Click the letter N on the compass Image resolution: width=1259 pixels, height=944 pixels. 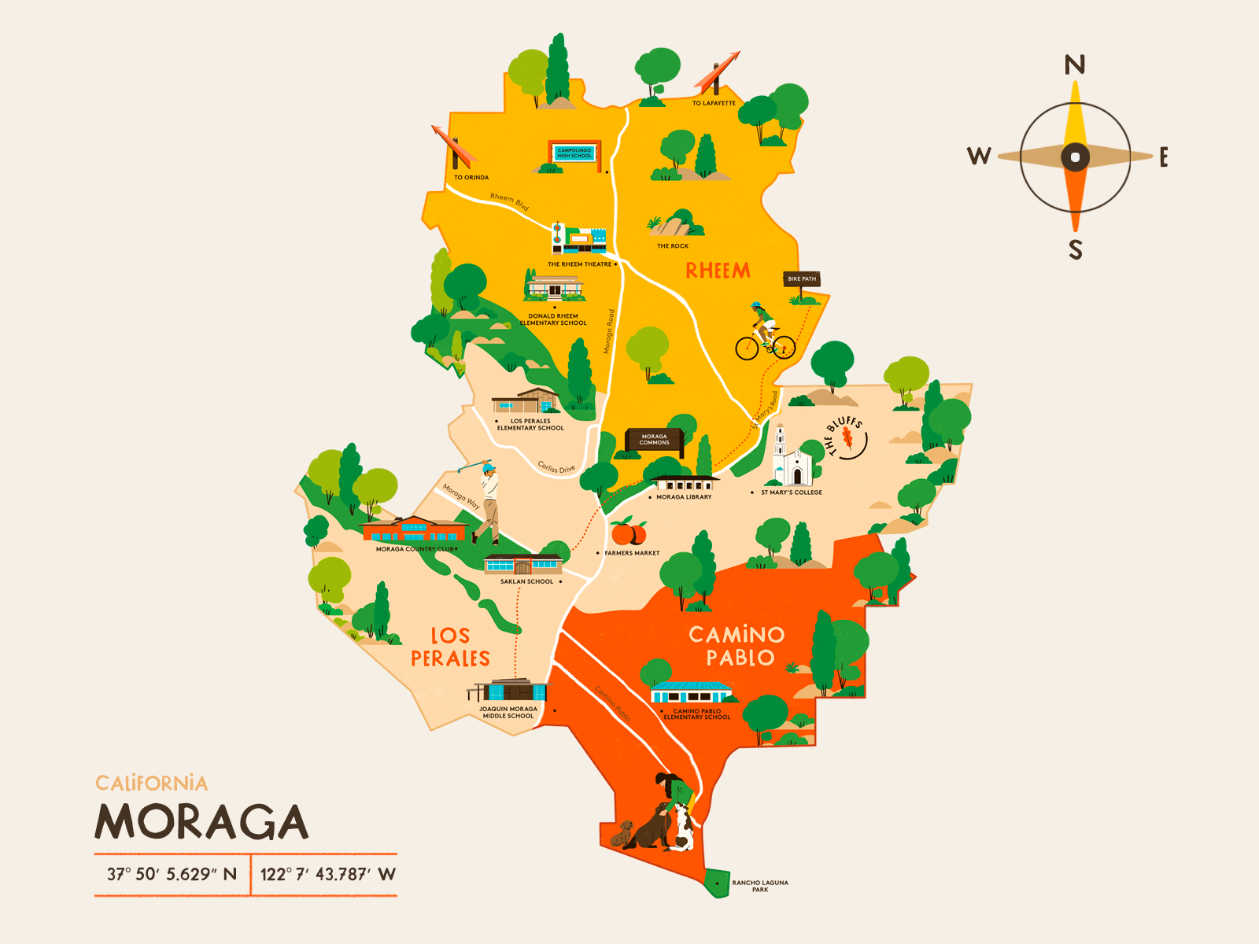pyautogui.click(x=1075, y=65)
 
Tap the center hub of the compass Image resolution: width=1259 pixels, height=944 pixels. pyautogui.click(x=1075, y=157)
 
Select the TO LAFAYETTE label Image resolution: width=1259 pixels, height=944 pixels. pyautogui.click(x=714, y=103)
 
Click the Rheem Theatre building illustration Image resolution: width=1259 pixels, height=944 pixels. pyautogui.click(x=580, y=238)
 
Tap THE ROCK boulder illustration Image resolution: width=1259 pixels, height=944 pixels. pyautogui.click(x=675, y=225)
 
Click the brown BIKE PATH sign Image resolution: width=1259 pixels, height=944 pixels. pyautogui.click(x=802, y=279)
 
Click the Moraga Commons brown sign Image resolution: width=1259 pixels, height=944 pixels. pyautogui.click(x=654, y=440)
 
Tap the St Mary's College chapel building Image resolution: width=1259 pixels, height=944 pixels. pyautogui.click(x=791, y=460)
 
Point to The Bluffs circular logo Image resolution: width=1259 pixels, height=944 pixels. pyautogui.click(x=847, y=437)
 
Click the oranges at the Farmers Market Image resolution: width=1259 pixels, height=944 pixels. pyautogui.click(x=629, y=533)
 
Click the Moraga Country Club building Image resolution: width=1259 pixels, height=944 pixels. pyautogui.click(x=414, y=529)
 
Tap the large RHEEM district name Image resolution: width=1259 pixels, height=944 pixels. pyautogui.click(x=718, y=271)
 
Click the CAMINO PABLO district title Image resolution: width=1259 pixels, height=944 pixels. pyautogui.click(x=737, y=646)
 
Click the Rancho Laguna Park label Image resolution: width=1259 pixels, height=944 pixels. pyautogui.click(x=759, y=886)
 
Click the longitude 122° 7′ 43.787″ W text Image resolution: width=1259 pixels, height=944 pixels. pyautogui.click(x=327, y=874)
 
